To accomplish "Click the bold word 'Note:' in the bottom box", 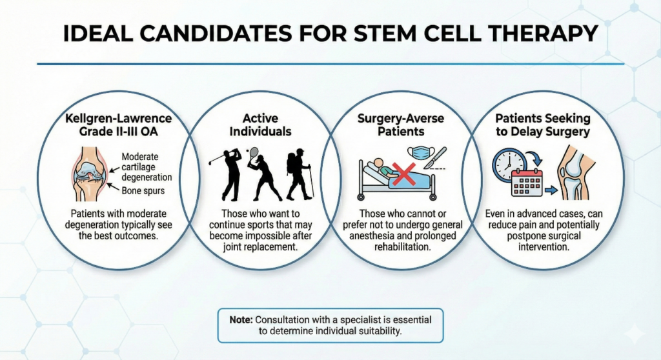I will pyautogui.click(x=243, y=319).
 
